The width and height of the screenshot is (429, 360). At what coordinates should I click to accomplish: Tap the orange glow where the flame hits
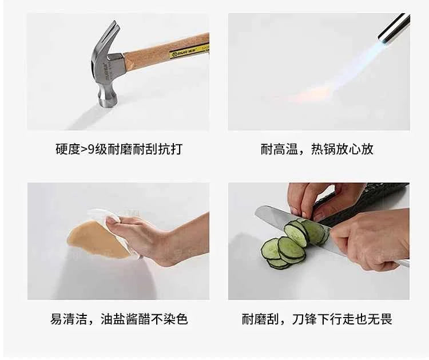[315, 94]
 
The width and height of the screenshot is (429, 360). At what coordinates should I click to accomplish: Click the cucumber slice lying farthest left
[271, 249]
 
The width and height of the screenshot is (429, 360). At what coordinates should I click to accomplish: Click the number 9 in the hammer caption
[91, 149]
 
